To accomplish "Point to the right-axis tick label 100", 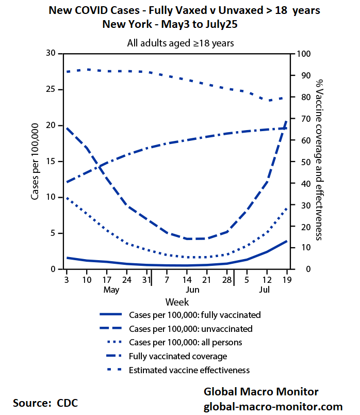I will (x=303, y=54).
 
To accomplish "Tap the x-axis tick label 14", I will (x=189, y=280).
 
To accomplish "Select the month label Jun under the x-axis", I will (x=192, y=290).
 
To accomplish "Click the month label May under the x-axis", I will (x=111, y=290).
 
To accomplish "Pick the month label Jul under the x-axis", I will (x=264, y=290).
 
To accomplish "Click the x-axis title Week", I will (x=177, y=302).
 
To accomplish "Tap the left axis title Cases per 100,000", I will (x=36, y=162).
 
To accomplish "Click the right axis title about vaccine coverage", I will (x=319, y=160).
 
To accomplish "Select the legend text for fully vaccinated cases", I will (x=194, y=314).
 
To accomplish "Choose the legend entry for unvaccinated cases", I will (x=190, y=328).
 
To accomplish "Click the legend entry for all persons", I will (x=185, y=342).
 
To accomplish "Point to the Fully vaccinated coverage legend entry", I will (x=177, y=356).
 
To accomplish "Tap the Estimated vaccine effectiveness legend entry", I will (x=189, y=370).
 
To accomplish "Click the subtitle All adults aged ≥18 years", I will (x=181, y=43).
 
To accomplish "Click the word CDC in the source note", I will (x=68, y=403).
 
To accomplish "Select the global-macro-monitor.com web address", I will (x=273, y=406).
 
